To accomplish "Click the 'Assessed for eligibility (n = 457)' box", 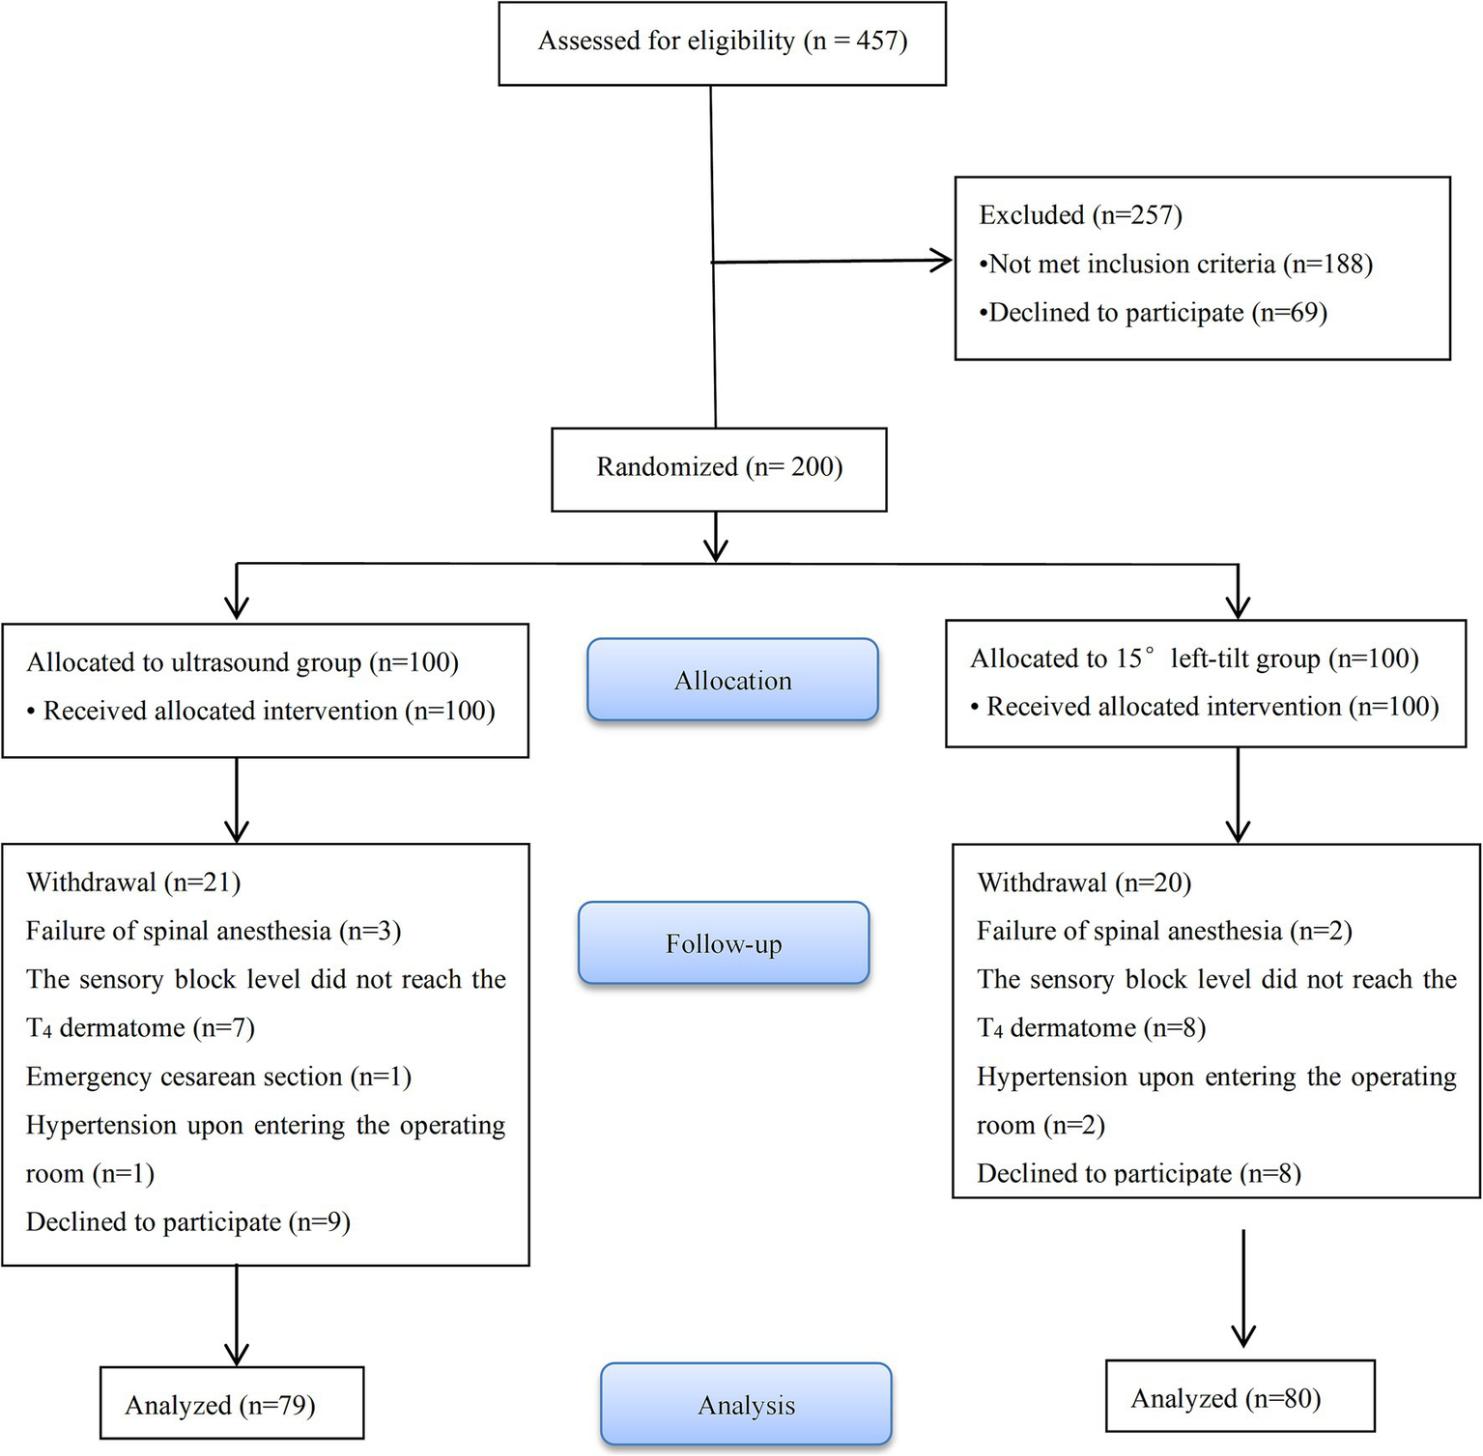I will pyautogui.click(x=722, y=42).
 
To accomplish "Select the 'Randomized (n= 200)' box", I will pyautogui.click(x=719, y=468).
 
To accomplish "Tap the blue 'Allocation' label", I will pyautogui.click(x=732, y=681).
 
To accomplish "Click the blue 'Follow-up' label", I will pyautogui.click(x=724, y=943).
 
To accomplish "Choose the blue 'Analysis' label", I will pyautogui.click(x=746, y=1405).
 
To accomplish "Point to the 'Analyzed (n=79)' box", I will pyautogui.click(x=231, y=1404).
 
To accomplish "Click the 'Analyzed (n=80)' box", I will pyautogui.click(x=1240, y=1397).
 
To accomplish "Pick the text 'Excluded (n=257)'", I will pyautogui.click(x=1080, y=215).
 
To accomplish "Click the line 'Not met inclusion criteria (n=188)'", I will pyautogui.click(x=1176, y=265).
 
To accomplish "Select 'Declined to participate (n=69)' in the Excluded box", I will pyautogui.click(x=1154, y=313).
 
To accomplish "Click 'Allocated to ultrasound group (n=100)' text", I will pyautogui.click(x=242, y=662).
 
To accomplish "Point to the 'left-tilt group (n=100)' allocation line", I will pyautogui.click(x=1194, y=658).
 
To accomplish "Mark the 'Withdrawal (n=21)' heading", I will pyautogui.click(x=133, y=882).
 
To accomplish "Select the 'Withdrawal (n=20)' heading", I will pyautogui.click(x=1084, y=882).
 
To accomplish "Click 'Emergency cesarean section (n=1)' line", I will pyautogui.click(x=218, y=1077).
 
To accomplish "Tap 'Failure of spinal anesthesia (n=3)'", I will pyautogui.click(x=214, y=931).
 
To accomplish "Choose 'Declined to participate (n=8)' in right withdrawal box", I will pyautogui.click(x=1139, y=1173).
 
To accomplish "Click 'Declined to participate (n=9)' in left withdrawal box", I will pyautogui.click(x=188, y=1222).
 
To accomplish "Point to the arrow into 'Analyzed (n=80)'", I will pyautogui.click(x=1243, y=1332).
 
